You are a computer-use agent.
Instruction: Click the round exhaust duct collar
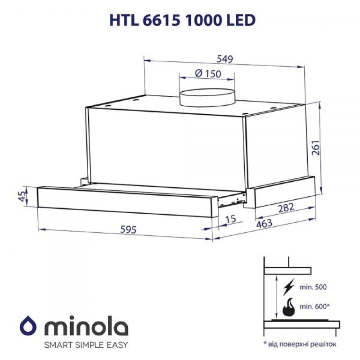pos(207,97)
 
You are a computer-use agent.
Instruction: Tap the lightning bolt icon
pos(289,287)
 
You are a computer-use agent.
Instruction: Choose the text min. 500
pos(313,287)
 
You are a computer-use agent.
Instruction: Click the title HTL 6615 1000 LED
pos(180,20)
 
